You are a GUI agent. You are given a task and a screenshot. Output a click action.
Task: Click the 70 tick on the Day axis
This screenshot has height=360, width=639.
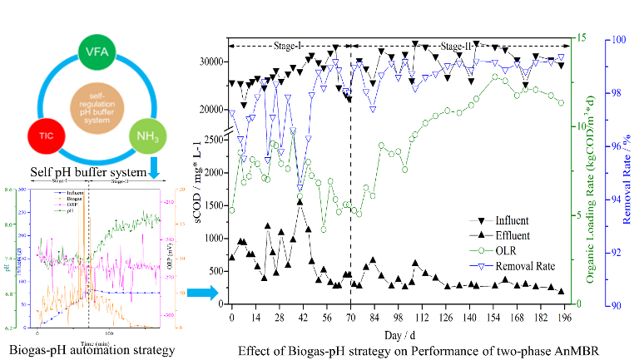coord(350,318)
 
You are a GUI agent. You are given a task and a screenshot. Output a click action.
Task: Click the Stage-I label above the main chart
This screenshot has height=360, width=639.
coord(287,47)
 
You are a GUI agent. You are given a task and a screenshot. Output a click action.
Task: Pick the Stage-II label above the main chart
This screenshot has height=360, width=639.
coord(458,47)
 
